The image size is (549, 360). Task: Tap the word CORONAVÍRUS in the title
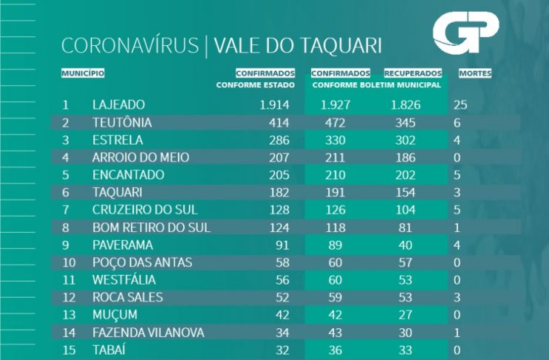pyautogui.click(x=130, y=46)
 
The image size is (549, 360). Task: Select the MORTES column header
pyautogui.click(x=475, y=73)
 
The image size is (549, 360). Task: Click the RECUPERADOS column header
pyautogui.click(x=413, y=73)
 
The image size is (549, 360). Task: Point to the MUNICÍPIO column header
pyautogui.click(x=82, y=73)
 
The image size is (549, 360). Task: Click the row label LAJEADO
pyautogui.click(x=119, y=105)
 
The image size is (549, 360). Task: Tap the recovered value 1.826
pyautogui.click(x=405, y=105)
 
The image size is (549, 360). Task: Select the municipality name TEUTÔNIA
pyautogui.click(x=122, y=122)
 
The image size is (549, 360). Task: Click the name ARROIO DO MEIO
pyautogui.click(x=141, y=157)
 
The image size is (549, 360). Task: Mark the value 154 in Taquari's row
pyautogui.click(x=405, y=191)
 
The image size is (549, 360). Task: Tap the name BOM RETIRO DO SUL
pyautogui.click(x=151, y=226)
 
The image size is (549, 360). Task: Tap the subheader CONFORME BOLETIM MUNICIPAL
pyautogui.click(x=376, y=84)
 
